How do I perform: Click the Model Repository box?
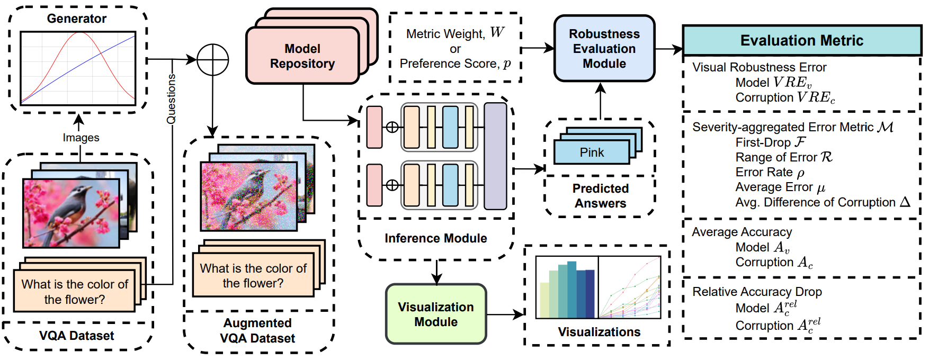[x=302, y=56]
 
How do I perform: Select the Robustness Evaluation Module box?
[x=604, y=49]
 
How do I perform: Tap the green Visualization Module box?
[x=436, y=314]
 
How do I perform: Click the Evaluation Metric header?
[x=802, y=40]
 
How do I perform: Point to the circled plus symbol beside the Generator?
[x=212, y=60]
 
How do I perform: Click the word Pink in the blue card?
[x=592, y=152]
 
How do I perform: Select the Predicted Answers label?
[x=600, y=196]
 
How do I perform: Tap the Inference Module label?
[x=435, y=238]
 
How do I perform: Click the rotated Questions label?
[x=171, y=99]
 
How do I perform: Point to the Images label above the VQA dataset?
[x=81, y=138]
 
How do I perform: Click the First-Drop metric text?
[x=770, y=142]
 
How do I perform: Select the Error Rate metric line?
[x=770, y=172]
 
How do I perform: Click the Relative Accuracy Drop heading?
[x=757, y=292]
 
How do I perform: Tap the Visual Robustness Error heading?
[x=759, y=67]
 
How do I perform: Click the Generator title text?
[x=77, y=19]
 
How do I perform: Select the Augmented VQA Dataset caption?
[x=257, y=330]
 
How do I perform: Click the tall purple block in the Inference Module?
[x=495, y=156]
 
